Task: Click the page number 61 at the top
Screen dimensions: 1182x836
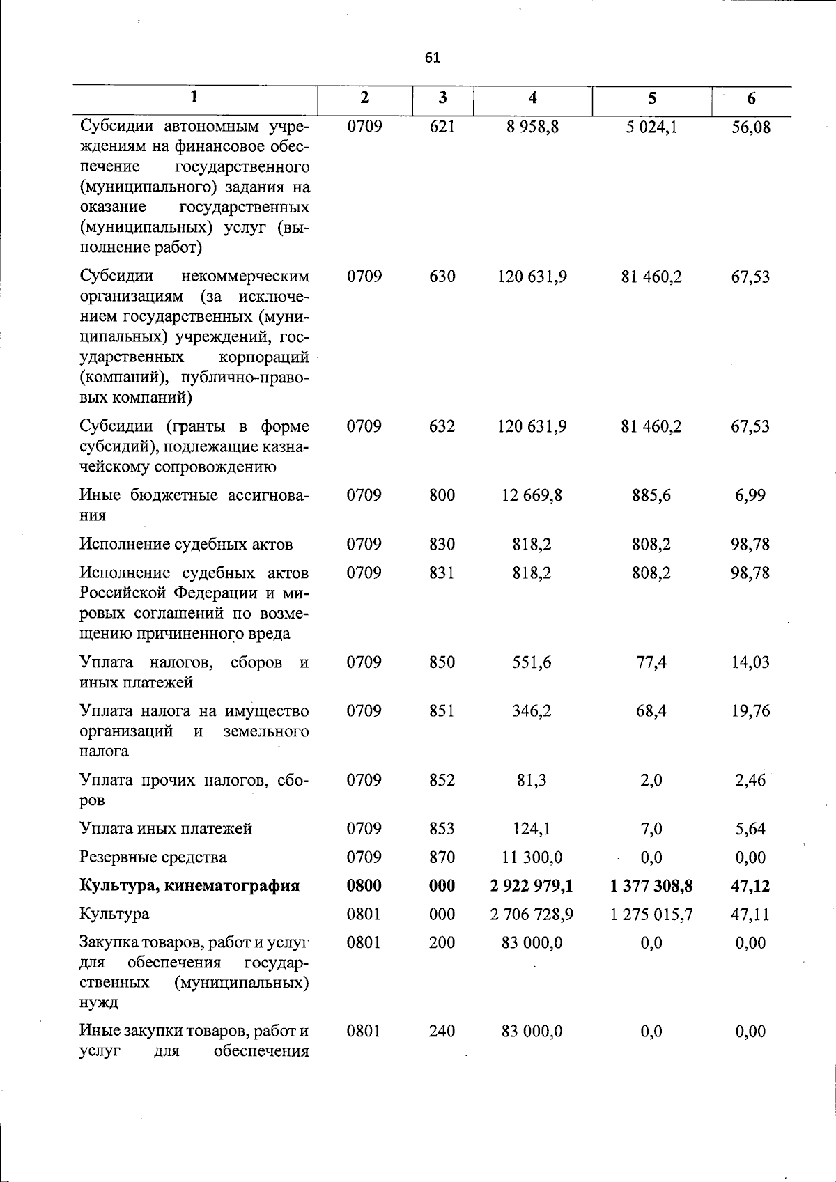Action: (432, 58)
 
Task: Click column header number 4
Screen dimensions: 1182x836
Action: (532, 98)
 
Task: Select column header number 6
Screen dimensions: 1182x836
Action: (751, 99)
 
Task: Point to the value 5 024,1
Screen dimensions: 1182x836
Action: (651, 127)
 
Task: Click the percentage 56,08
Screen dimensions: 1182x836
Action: (751, 127)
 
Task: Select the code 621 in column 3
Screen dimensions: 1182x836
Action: (442, 127)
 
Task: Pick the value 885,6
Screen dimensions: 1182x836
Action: (651, 495)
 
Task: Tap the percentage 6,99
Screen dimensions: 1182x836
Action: (750, 495)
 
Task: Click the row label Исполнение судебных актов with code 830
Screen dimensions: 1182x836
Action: (186, 544)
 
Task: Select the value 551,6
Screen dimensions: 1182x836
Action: (532, 662)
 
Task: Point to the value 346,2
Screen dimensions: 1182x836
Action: (532, 711)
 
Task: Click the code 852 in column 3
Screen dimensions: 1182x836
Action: (442, 780)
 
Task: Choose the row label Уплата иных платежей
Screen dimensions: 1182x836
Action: (166, 829)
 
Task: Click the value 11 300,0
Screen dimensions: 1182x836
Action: (532, 857)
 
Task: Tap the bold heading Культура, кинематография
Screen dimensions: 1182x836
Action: (189, 886)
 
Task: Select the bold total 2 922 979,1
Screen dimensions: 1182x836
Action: (532, 886)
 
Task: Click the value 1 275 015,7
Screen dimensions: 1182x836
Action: (651, 915)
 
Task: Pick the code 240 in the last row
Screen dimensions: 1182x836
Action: (442, 1032)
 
